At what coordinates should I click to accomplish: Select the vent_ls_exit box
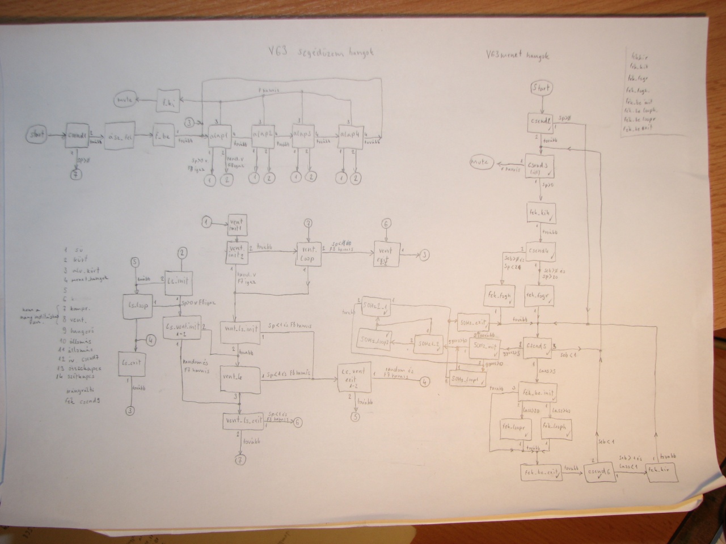tap(243, 421)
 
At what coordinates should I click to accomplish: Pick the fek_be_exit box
tap(540, 471)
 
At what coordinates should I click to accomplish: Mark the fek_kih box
tap(540, 212)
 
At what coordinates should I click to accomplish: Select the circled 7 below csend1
tap(77, 175)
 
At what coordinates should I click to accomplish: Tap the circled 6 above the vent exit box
tap(386, 224)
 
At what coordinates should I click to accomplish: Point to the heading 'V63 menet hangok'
tap(517, 56)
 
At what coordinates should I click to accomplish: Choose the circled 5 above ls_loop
tap(135, 262)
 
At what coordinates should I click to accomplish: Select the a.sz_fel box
tap(120, 137)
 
